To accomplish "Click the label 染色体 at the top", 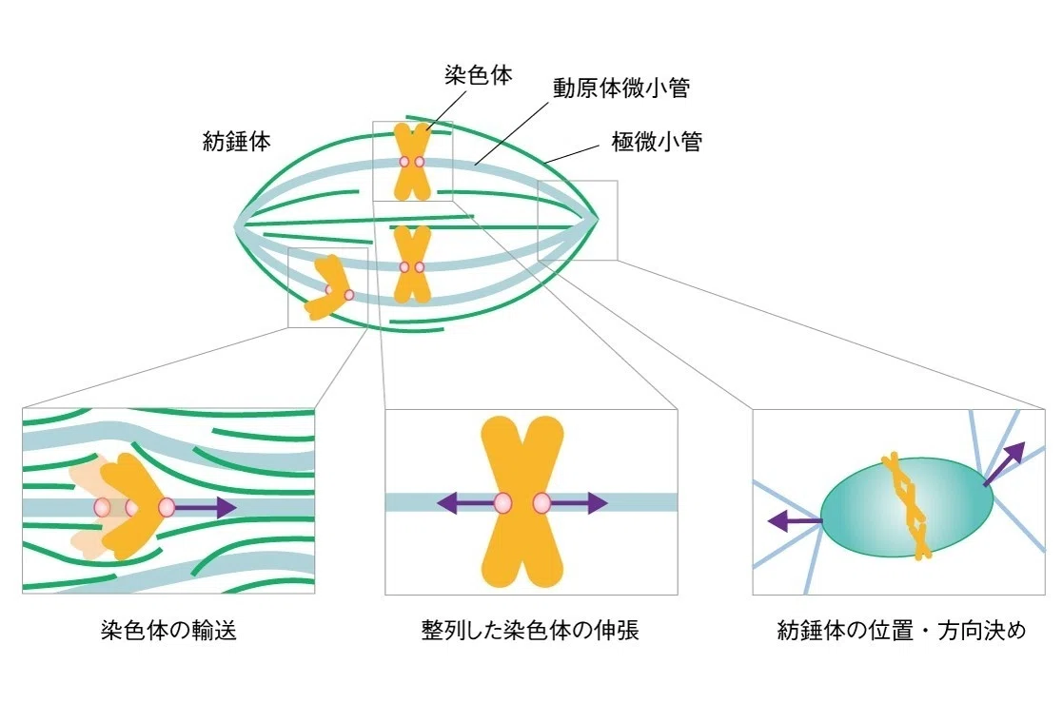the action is click(478, 74).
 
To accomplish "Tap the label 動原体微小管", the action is click(621, 88).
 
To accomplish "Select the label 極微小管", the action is click(657, 142).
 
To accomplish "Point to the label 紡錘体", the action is click(237, 141).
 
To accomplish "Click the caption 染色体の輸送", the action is click(168, 631).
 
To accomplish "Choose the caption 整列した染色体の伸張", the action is click(530, 631).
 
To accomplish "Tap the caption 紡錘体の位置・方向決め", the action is click(901, 631).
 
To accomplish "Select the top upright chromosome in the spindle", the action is click(412, 162).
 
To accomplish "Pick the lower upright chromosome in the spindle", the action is click(412, 264).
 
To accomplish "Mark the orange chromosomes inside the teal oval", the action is click(908, 506).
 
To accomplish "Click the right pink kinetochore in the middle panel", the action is click(541, 503).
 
